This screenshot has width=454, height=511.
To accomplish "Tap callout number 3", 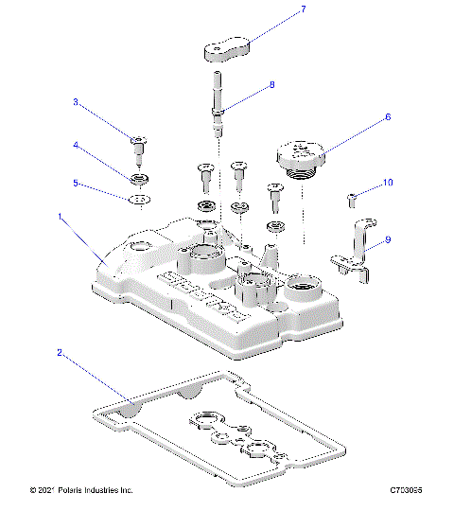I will [76, 101].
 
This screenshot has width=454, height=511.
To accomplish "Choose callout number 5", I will [76, 183].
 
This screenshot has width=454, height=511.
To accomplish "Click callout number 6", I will [387, 118].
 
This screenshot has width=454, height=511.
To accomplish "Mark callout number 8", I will [271, 84].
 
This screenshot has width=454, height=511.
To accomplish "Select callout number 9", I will [387, 240].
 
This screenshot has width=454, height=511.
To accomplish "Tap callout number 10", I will [387, 182].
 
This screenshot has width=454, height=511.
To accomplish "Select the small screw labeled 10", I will [352, 198].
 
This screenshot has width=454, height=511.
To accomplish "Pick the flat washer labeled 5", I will [140, 200].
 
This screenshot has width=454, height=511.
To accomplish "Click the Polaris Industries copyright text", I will [81, 490].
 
